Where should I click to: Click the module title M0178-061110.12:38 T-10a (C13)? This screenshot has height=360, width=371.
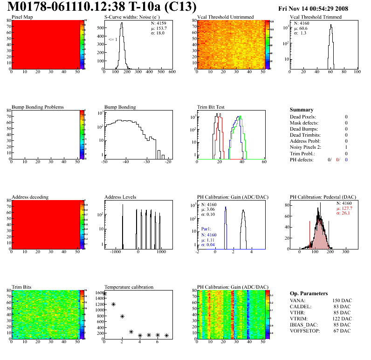102,7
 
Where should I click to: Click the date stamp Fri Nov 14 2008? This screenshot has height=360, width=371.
313,8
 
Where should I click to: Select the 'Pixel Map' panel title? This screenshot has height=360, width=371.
22,17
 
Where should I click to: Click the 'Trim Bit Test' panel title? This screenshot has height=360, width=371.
211,107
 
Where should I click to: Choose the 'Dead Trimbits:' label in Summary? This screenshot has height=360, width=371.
305,135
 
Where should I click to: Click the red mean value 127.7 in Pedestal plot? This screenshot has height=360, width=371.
344,208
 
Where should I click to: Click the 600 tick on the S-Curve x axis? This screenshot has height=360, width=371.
172,72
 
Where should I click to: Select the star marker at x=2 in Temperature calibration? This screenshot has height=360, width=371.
122,316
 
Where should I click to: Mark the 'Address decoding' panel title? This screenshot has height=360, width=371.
30,197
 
